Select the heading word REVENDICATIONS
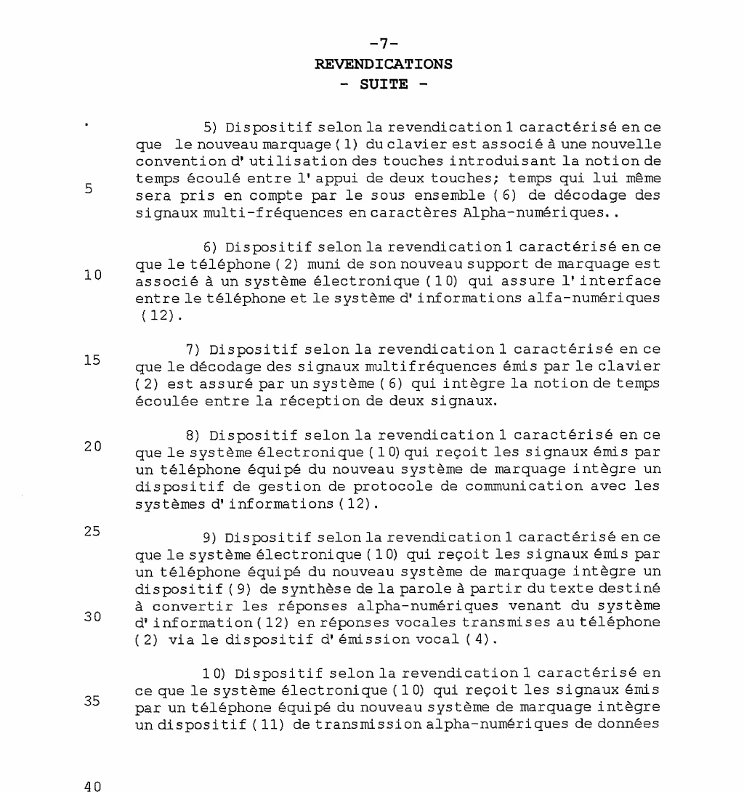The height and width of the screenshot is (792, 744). tap(382, 65)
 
